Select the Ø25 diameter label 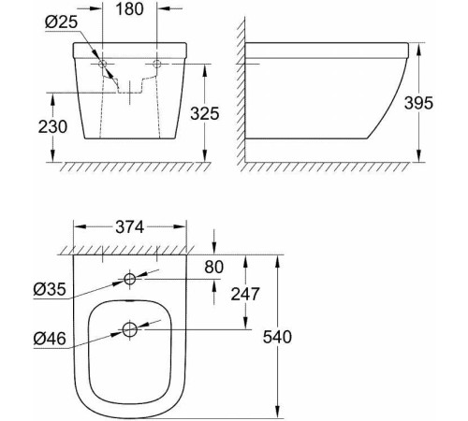[x=58, y=21]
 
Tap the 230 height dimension [x=52, y=126]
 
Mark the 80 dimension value [x=214, y=268]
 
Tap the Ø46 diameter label [x=47, y=339]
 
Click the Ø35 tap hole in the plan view [x=129, y=280]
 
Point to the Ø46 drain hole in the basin [x=129, y=329]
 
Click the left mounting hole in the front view [x=105, y=65]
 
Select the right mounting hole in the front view [x=157, y=65]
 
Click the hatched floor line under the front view [x=131, y=167]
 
